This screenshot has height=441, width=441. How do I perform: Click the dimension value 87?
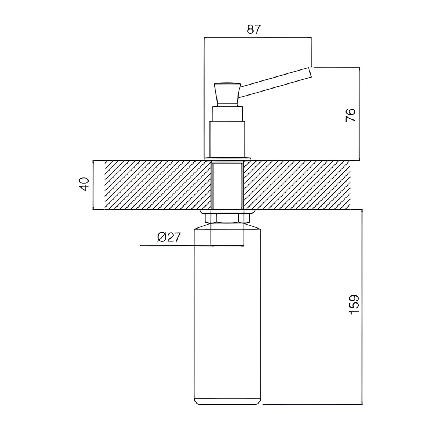254,29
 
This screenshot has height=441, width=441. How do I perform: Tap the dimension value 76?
351,115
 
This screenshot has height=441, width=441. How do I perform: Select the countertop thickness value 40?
84,184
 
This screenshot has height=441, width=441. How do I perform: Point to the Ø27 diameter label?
169,237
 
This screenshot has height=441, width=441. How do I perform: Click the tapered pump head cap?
227,94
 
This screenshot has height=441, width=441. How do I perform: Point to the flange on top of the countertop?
227,158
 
